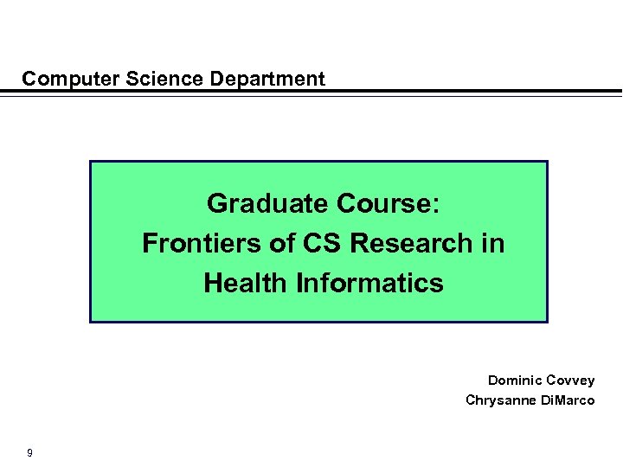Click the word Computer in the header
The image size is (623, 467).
[x=71, y=80]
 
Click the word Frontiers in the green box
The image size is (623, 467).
[x=200, y=244]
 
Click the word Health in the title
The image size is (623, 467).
[x=245, y=283]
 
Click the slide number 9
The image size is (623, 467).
[x=30, y=452]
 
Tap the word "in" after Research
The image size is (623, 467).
[x=494, y=244]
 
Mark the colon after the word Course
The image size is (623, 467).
[x=436, y=206]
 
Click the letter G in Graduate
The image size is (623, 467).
[x=217, y=204]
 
